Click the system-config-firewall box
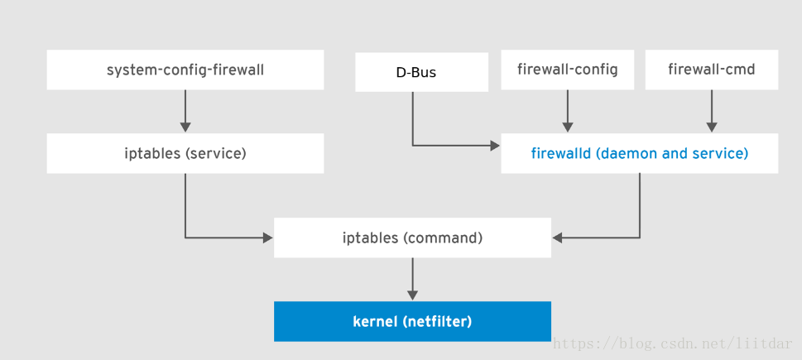coord(185,70)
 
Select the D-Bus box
coord(421,72)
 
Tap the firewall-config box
coord(567,70)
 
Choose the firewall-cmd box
coord(711,70)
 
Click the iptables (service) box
coord(185,154)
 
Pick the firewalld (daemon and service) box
coord(639,154)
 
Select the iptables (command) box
coord(412,238)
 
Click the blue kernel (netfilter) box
coord(412,321)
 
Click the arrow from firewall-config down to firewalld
coord(567,111)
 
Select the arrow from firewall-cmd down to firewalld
coord(711,111)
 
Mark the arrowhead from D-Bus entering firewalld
coord(495,146)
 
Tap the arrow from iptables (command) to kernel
coord(412,280)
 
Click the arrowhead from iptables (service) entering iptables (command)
coord(267,238)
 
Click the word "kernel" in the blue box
coord(376,321)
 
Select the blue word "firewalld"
coord(560,154)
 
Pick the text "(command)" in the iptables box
coord(443,238)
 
